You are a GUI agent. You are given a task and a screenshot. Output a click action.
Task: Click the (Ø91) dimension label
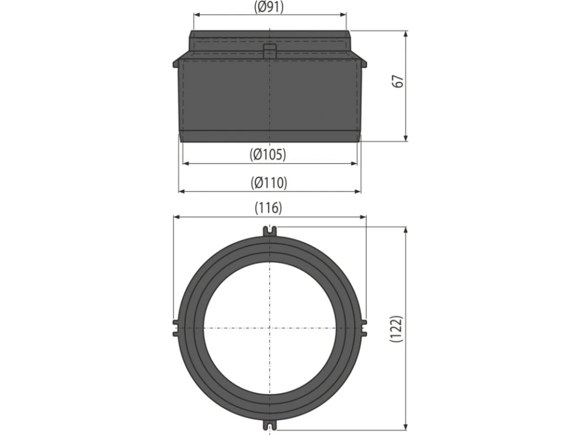click(269, 7)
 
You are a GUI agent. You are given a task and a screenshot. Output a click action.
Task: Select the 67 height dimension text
click(398, 82)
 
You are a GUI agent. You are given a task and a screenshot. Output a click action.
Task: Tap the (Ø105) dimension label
click(268, 154)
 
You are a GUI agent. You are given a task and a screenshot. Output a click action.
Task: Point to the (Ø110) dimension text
click(268, 183)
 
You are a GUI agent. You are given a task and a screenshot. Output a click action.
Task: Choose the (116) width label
click(268, 208)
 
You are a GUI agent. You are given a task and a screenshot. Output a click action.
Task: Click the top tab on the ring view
click(270, 232)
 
